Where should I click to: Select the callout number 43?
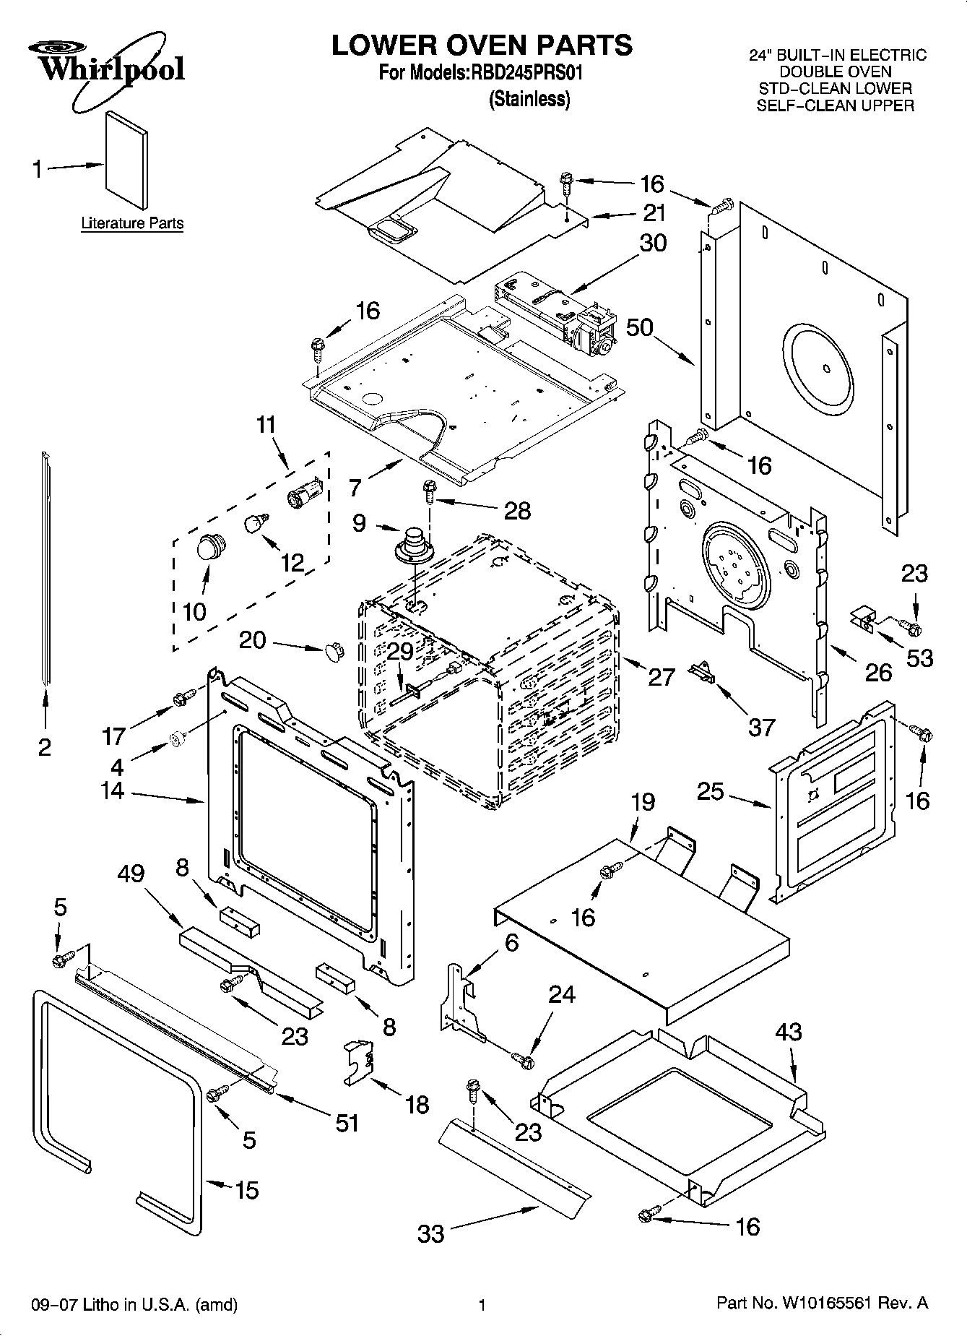[788, 1031]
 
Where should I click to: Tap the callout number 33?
[431, 1233]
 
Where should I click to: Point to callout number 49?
[131, 874]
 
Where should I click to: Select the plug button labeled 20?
[333, 650]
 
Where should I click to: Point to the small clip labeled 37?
[700, 672]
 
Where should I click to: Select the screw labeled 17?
[182, 697]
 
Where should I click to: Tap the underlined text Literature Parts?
[132, 223]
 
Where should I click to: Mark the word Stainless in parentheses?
[529, 100]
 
